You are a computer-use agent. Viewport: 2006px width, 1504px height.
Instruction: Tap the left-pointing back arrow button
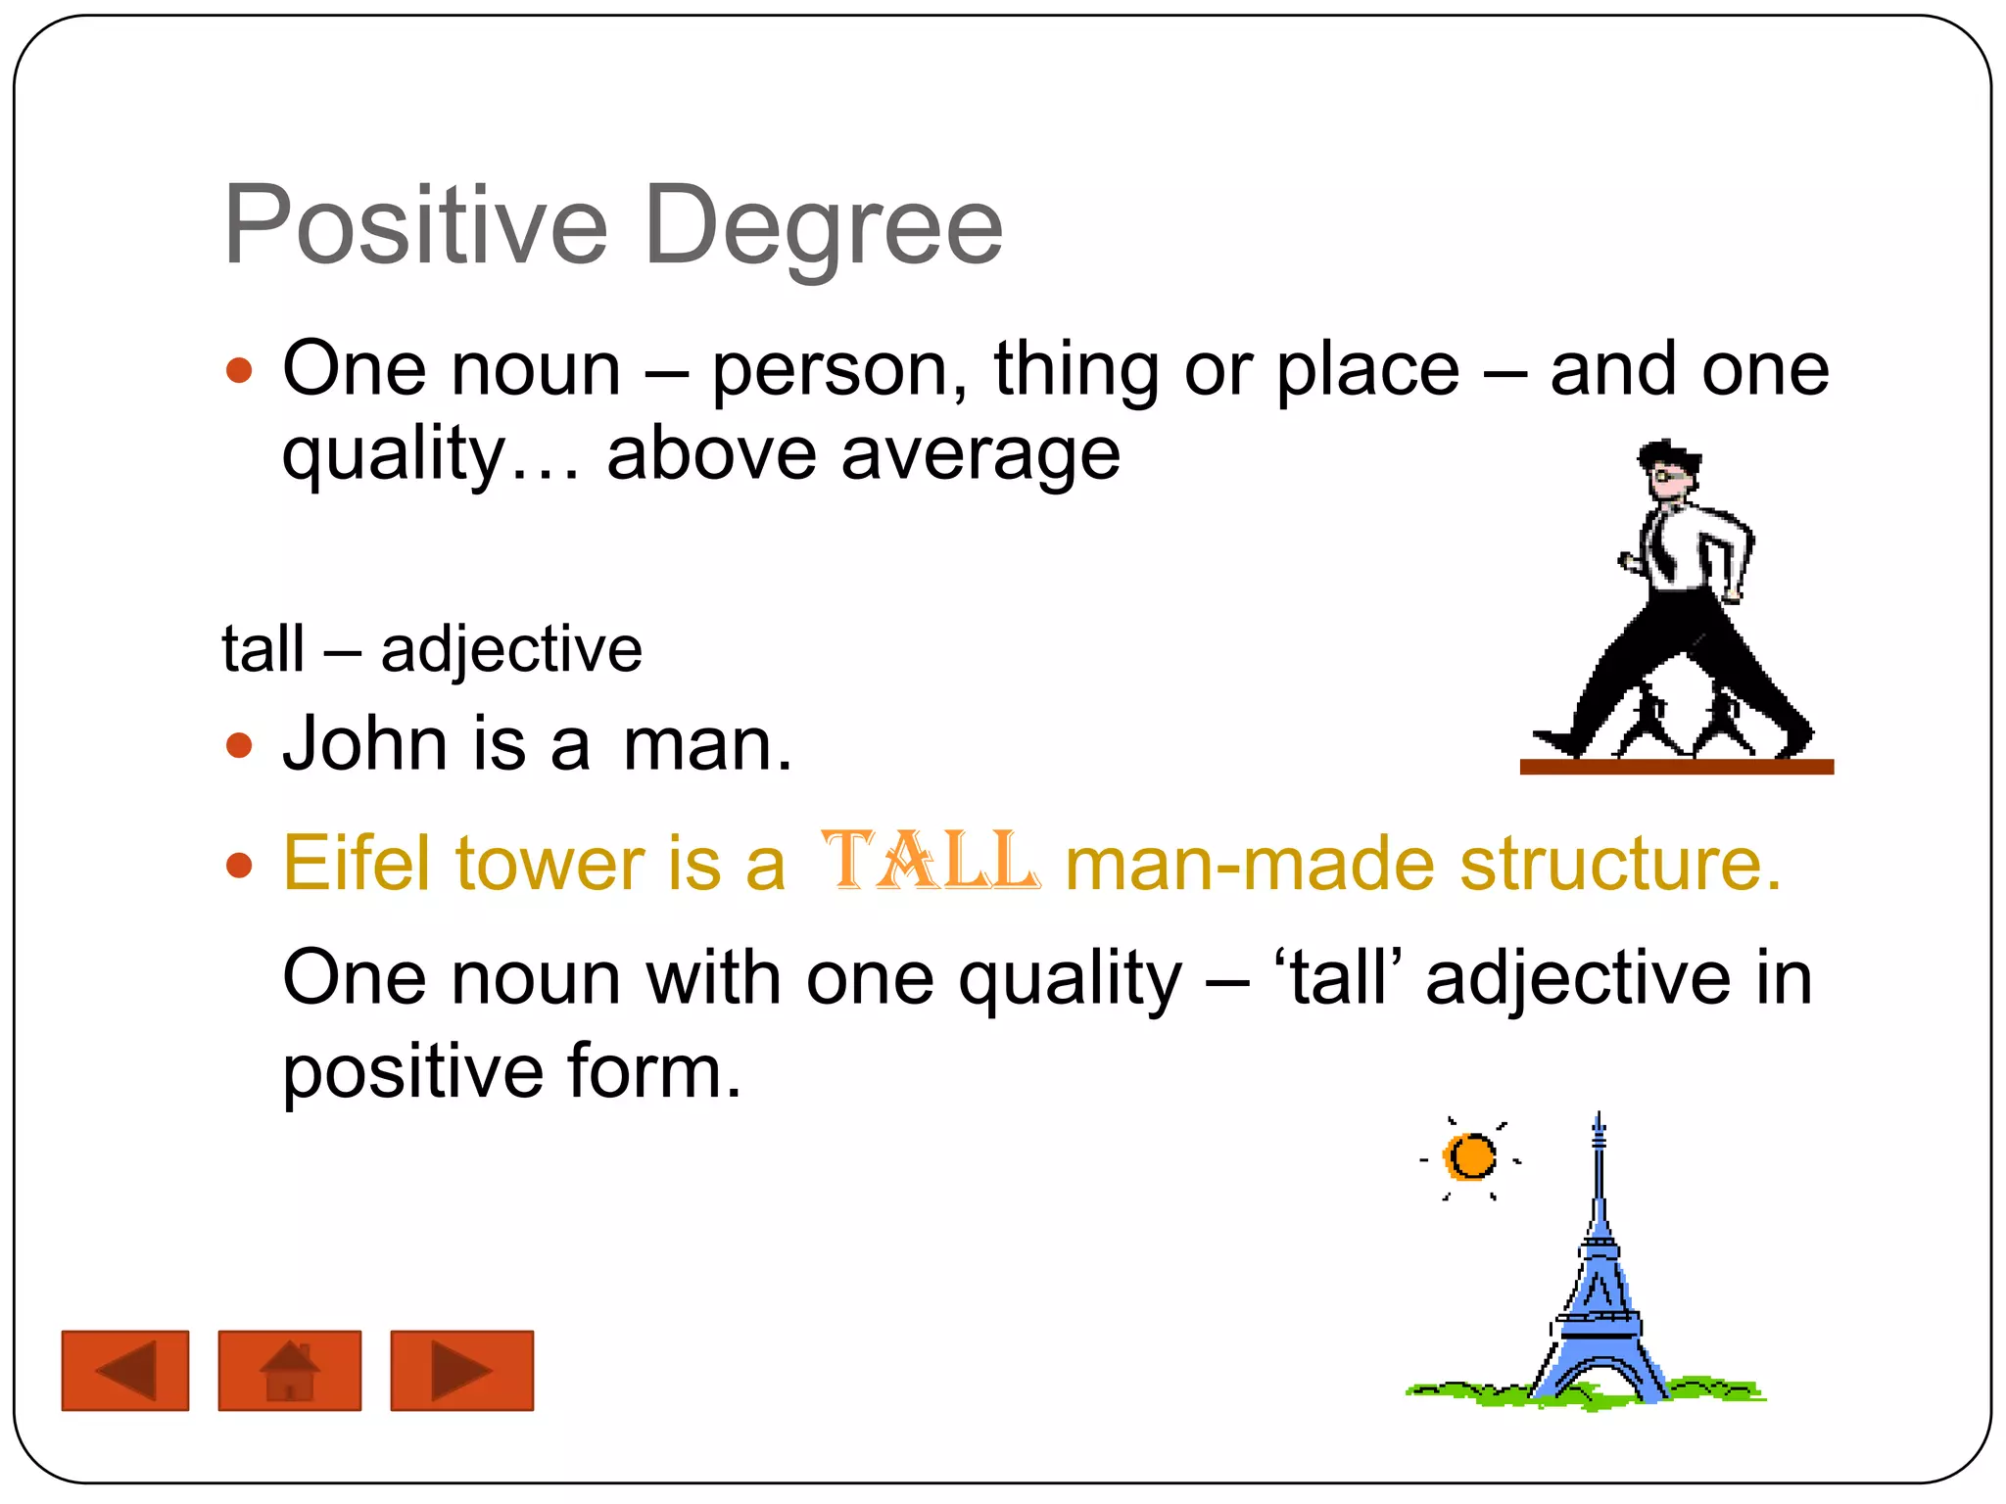(x=125, y=1370)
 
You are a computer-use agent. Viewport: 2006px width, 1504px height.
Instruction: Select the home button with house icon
(x=289, y=1370)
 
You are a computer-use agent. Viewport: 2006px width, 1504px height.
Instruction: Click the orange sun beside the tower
(x=1471, y=1157)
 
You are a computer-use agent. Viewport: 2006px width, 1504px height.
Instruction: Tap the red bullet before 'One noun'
(x=239, y=370)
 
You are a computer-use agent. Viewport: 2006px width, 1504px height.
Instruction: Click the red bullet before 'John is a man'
(x=239, y=746)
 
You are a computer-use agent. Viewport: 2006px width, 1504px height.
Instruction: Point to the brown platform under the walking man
(x=1676, y=767)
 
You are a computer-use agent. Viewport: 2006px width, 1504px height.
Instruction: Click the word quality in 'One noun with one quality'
(x=1070, y=979)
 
